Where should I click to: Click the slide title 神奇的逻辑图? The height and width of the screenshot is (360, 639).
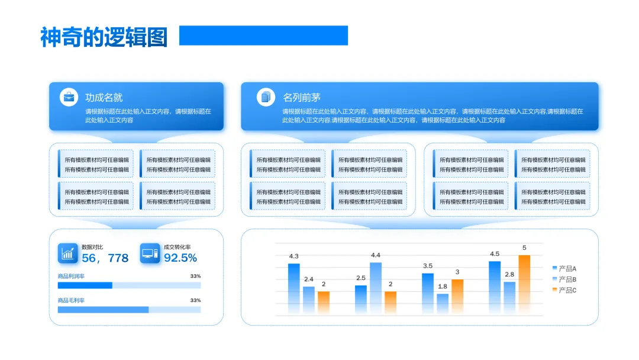pos(104,37)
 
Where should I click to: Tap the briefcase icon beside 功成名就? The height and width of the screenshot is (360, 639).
pos(69,97)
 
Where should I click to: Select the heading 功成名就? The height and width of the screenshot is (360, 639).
pos(104,98)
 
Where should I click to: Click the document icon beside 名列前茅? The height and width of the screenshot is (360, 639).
pos(266,97)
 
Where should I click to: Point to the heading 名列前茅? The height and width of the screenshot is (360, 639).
pos(301,98)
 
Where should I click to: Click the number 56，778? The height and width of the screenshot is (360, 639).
pos(105,258)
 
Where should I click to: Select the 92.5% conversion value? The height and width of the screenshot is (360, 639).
pos(180,258)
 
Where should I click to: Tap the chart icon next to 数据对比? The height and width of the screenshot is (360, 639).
pos(68,253)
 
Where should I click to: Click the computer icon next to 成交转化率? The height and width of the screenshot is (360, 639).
pos(150,253)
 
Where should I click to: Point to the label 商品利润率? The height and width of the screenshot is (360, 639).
pos(71,277)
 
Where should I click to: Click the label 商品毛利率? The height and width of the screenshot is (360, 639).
pos(71,301)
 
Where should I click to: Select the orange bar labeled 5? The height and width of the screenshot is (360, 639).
pos(524,284)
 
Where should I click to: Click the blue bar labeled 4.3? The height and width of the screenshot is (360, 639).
pos(294,288)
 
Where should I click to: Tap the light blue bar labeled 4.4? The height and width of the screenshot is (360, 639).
pos(376,288)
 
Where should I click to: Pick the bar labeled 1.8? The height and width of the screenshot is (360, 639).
pos(443,303)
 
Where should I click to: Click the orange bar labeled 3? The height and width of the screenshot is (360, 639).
pos(457,296)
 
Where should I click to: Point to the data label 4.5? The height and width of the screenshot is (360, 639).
pos(495,254)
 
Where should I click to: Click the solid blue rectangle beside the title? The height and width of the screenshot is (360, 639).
pos(263,36)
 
